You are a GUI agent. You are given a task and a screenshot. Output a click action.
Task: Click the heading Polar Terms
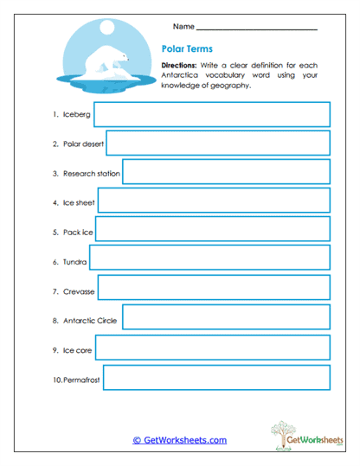[x=187, y=49]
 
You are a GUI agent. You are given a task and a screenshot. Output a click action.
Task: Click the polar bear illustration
[x=109, y=62]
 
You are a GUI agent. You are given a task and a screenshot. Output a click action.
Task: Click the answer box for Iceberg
[x=212, y=114]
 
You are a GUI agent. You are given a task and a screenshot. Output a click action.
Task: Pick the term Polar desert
[x=83, y=144]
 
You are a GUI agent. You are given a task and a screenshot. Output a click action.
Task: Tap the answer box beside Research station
[x=226, y=173]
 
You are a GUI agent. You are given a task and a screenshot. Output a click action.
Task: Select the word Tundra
[x=74, y=261]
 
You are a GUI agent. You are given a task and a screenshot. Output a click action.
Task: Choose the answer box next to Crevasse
[x=214, y=291]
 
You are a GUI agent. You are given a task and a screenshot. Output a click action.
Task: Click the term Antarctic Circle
[x=90, y=321]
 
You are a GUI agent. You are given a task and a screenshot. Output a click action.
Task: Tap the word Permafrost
[x=82, y=380]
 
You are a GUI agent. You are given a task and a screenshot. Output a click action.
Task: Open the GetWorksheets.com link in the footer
[x=179, y=440]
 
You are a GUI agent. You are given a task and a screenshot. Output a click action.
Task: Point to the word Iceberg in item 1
[x=76, y=114]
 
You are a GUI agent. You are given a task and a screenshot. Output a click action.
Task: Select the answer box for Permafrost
[x=217, y=379]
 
